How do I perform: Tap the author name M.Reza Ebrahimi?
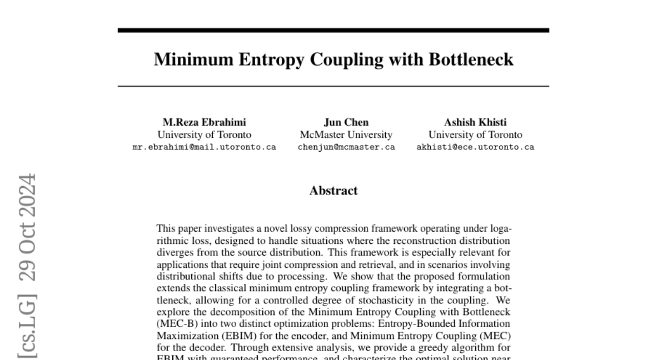[204, 122]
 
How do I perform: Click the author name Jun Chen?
[346, 122]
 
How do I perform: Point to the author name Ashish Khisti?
[475, 122]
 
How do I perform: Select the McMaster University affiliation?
[346, 135]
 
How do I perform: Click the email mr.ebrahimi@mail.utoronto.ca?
[204, 147]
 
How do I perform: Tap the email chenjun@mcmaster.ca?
[346, 147]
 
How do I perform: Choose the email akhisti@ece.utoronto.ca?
[475, 147]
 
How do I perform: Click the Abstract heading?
[333, 191]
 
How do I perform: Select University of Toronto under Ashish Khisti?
[475, 135]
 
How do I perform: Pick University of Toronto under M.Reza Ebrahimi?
[204, 135]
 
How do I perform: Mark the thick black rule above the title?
[333, 30]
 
